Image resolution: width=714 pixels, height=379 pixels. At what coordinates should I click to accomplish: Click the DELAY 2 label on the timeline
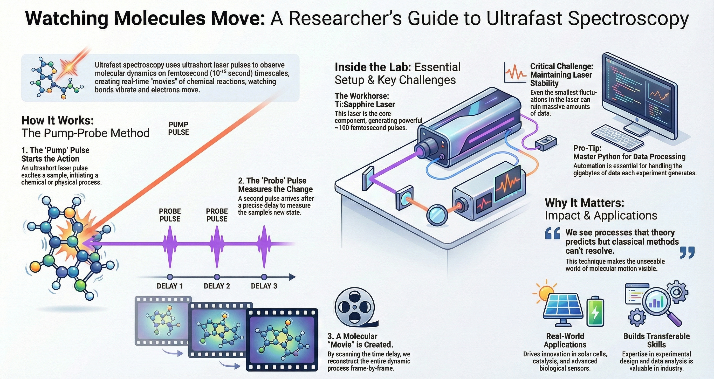click(217, 286)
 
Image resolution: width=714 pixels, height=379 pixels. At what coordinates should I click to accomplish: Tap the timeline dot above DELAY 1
click(170, 277)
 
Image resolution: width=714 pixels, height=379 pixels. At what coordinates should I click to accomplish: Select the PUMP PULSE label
click(178, 128)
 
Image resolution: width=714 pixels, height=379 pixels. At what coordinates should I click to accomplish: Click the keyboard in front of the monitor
click(618, 137)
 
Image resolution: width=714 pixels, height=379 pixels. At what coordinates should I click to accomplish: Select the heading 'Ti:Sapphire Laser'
click(365, 105)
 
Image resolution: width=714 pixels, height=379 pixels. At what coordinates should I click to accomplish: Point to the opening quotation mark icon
click(552, 233)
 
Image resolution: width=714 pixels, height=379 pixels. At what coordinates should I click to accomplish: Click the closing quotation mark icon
click(687, 253)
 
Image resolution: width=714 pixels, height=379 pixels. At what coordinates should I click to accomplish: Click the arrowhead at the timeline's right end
click(292, 277)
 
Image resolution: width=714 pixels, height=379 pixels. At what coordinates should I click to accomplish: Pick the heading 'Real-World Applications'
click(565, 340)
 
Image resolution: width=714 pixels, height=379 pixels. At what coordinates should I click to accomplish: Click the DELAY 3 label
click(264, 286)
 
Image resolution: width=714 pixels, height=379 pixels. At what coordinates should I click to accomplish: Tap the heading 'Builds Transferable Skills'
click(656, 340)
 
